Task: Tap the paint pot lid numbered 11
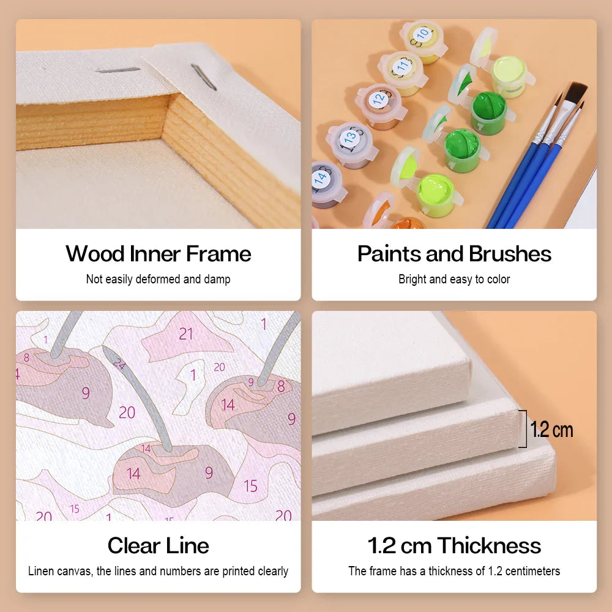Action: tap(402, 66)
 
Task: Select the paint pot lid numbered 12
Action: tap(379, 99)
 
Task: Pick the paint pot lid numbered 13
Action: tap(350, 137)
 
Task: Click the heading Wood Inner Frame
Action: tap(158, 254)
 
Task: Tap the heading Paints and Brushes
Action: tap(454, 254)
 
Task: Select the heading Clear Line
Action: tap(158, 545)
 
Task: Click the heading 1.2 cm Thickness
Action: tap(454, 545)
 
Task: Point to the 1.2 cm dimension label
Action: tap(551, 430)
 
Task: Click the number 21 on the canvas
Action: tap(186, 334)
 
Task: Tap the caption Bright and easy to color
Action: tap(454, 279)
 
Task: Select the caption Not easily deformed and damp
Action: tap(158, 279)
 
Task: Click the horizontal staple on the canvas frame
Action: tap(118, 70)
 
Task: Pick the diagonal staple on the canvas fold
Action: tap(203, 77)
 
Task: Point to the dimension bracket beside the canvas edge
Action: tap(524, 428)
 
